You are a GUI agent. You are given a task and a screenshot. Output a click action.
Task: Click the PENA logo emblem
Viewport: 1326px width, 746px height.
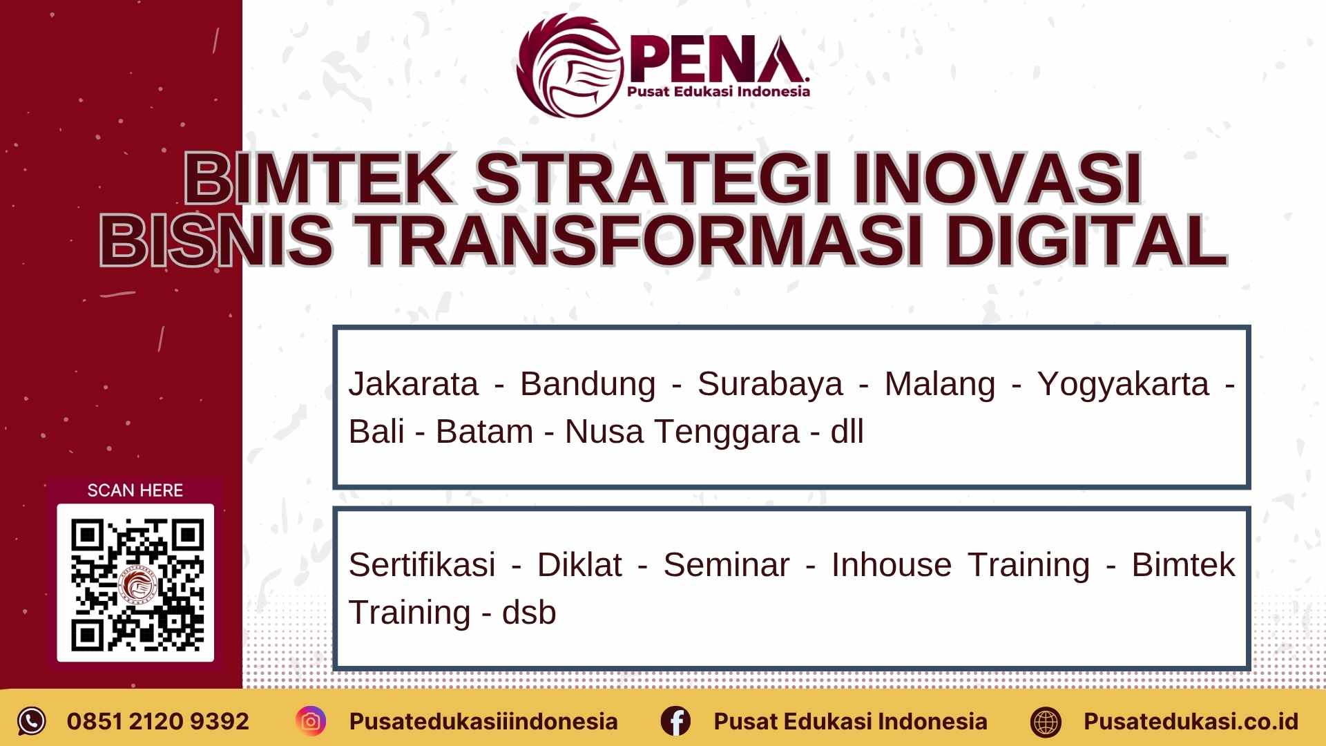(570, 67)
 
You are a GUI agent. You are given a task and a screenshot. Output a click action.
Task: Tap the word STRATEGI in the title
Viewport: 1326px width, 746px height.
(653, 179)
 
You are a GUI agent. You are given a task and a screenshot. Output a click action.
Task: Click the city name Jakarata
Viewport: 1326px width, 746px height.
(413, 384)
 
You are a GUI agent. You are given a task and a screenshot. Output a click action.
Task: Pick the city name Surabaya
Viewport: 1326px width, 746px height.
(769, 384)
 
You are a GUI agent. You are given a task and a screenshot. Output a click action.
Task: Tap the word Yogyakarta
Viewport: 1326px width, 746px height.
(1123, 384)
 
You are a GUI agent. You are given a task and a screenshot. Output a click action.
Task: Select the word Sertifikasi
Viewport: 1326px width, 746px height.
(422, 565)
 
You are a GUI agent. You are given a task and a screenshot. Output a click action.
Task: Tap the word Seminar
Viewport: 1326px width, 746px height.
(726, 565)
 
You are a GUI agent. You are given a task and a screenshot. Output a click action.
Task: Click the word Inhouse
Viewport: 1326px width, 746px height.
(891, 565)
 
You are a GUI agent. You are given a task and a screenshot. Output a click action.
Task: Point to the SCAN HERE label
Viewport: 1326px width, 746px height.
(135, 490)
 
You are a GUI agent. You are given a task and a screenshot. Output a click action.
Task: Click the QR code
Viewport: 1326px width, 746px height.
(135, 583)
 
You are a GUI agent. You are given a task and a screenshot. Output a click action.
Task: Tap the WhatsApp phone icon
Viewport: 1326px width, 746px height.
(31, 721)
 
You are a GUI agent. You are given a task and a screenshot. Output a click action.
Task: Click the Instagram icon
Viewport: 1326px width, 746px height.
(311, 721)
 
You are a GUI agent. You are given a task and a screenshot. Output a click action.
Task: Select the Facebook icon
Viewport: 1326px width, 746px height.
(675, 721)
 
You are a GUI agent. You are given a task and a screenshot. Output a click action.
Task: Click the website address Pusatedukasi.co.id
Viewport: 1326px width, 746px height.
(1190, 721)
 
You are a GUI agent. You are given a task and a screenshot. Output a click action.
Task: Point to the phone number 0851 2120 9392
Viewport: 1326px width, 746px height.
(157, 721)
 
